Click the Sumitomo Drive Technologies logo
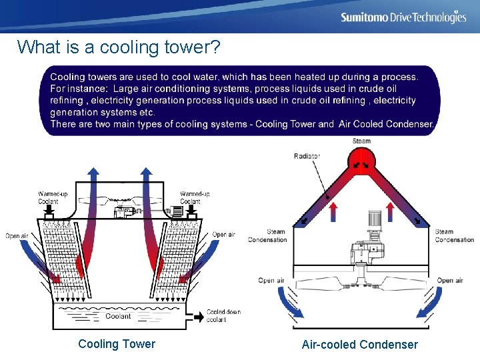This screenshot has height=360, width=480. [x=403, y=17]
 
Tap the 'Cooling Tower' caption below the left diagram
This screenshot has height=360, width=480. [x=117, y=344]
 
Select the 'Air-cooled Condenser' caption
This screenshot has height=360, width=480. [x=360, y=345]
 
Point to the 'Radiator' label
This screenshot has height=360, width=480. [x=307, y=156]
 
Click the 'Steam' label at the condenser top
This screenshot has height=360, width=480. [x=361, y=141]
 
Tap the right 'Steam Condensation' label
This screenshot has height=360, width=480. [x=454, y=236]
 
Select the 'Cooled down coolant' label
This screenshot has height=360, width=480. [x=223, y=315]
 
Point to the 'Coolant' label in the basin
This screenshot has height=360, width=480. [x=118, y=316]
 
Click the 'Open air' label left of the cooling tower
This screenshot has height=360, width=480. [x=17, y=236]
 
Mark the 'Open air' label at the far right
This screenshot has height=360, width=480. [x=449, y=280]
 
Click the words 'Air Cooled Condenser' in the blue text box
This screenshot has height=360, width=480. [x=387, y=124]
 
